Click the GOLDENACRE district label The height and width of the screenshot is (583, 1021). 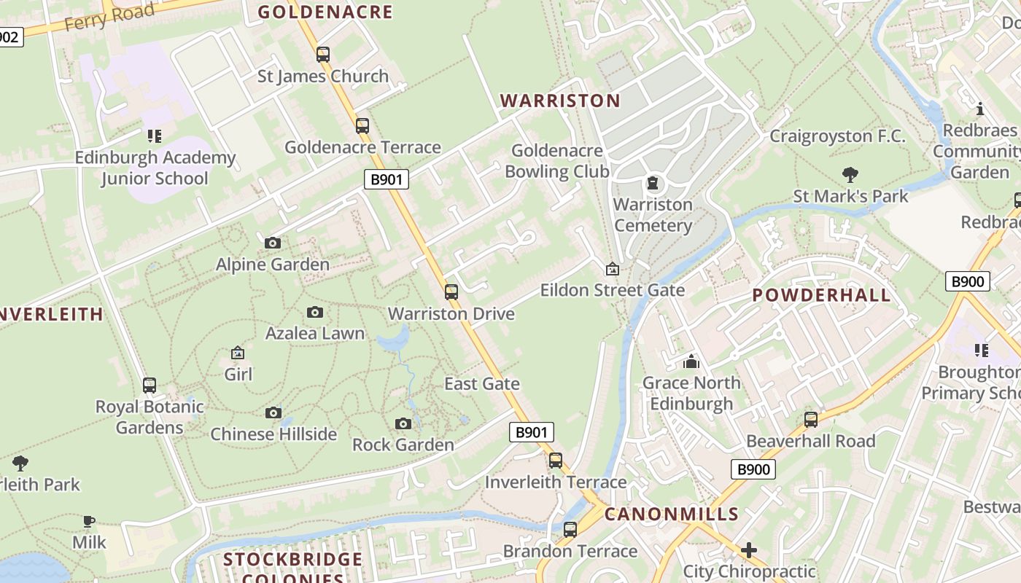(x=325, y=12)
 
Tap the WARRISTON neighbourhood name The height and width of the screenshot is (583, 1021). (x=560, y=101)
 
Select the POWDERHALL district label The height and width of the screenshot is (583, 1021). (x=821, y=295)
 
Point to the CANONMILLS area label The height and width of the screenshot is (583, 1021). (x=672, y=514)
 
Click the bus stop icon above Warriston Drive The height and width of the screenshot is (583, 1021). (x=451, y=292)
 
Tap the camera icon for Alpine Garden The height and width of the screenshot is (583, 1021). (x=273, y=243)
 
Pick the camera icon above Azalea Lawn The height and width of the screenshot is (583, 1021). (x=315, y=312)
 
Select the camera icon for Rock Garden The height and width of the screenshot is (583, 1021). (x=403, y=423)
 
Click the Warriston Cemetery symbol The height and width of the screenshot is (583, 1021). (x=652, y=182)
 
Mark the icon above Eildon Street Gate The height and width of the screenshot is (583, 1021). (x=613, y=269)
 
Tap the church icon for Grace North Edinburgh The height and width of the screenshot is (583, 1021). (x=691, y=361)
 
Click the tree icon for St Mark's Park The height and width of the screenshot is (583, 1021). (x=850, y=174)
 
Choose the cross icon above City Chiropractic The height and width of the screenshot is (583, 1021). (x=749, y=549)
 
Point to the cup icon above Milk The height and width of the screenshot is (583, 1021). (x=89, y=520)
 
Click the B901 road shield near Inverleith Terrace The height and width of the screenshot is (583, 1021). (x=531, y=432)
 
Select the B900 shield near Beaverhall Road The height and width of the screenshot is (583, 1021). (x=753, y=469)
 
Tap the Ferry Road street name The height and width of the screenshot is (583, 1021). (x=109, y=17)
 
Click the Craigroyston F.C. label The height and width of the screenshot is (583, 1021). (x=837, y=136)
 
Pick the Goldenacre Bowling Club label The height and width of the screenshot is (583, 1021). (x=557, y=161)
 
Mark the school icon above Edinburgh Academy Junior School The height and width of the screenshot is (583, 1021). (x=154, y=136)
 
